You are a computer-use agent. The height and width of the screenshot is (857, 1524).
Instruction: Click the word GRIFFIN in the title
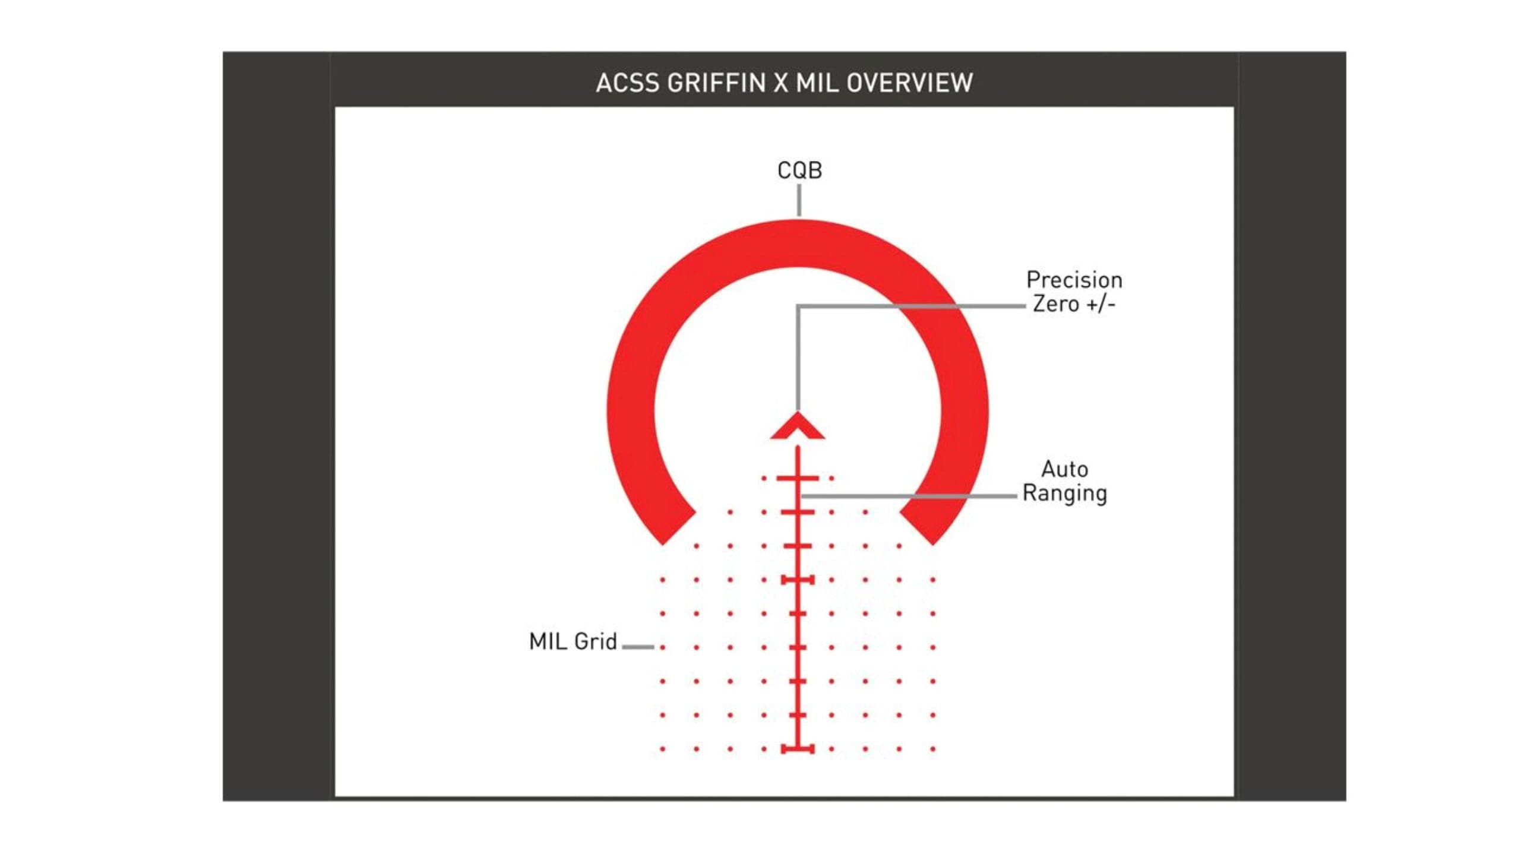coord(717,83)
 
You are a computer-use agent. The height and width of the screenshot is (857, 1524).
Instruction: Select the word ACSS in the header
coord(627,83)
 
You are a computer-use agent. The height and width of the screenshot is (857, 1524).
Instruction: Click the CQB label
coord(799,171)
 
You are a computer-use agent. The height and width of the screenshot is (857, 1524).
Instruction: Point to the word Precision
coord(1074,280)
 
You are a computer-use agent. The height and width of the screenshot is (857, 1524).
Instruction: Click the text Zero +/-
coord(1074,304)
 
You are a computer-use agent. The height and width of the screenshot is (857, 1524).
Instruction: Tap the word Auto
coord(1064,469)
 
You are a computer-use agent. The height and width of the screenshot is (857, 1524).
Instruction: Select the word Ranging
coord(1064,494)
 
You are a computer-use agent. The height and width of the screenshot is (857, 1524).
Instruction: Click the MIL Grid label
coord(573,642)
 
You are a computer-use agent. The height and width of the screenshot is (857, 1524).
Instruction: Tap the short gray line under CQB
coord(799,200)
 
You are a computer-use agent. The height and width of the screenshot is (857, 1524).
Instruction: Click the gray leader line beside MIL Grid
coord(638,647)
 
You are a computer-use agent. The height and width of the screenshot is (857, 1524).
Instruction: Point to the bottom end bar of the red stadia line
coord(798,749)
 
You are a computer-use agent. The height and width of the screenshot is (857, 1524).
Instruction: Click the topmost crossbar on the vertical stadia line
coord(798,478)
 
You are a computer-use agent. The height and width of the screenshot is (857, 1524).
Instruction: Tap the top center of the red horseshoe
coord(798,243)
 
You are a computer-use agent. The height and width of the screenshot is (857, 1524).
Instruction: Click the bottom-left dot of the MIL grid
coord(662,749)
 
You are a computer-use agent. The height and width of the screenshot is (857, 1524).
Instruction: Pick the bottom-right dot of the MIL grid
coord(933,749)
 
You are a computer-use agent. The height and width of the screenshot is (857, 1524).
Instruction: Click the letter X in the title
coord(780,83)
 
